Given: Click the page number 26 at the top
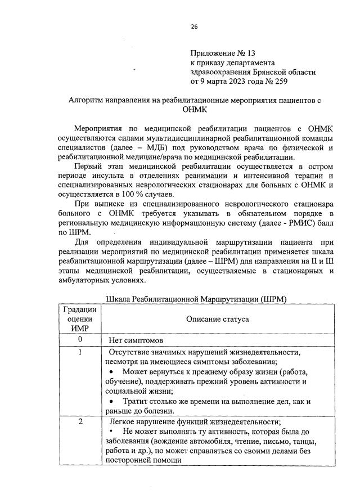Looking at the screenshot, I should [x=194, y=26].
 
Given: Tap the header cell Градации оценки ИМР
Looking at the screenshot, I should [x=80, y=319].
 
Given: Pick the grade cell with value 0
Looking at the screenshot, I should [x=80, y=340].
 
